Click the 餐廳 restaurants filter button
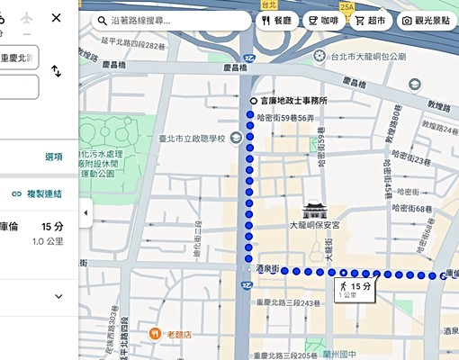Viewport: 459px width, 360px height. tap(277, 20)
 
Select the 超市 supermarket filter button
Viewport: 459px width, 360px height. tap(369, 20)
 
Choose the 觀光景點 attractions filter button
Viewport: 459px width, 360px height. tap(428, 20)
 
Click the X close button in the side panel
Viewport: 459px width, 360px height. tap(57, 18)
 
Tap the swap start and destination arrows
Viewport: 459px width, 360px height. tap(57, 71)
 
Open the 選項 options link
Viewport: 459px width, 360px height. tap(54, 157)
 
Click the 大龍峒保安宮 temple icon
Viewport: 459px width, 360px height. tap(314, 208)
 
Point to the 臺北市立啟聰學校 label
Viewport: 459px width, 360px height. tap(187, 138)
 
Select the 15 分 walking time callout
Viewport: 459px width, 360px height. tap(354, 288)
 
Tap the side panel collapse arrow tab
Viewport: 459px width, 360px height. tap(85, 213)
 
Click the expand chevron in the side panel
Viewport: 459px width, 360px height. tap(59, 296)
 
